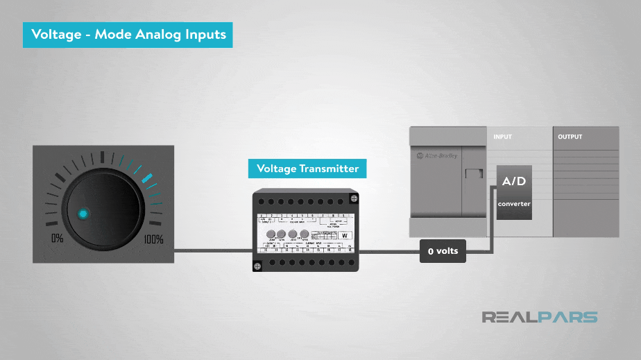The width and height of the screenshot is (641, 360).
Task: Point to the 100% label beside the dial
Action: point(153,240)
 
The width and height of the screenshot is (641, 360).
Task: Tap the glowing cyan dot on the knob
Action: point(83,214)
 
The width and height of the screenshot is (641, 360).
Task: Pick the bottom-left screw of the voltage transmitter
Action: point(257,266)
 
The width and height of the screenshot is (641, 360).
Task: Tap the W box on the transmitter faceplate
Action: point(345,235)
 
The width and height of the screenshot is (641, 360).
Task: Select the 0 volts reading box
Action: point(443,250)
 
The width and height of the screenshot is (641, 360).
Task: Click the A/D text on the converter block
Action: point(513,182)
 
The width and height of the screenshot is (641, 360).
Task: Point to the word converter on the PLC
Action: point(514,204)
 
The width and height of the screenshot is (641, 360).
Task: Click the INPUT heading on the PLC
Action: point(502,137)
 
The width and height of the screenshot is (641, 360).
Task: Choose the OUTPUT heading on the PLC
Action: point(570,137)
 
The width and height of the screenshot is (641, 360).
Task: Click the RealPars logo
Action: point(540,317)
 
